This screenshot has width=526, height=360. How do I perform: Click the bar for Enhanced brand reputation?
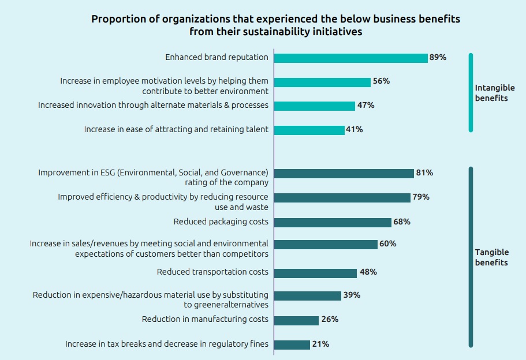350,58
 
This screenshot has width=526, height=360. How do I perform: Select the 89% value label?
438,58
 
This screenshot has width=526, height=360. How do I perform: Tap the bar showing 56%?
322,82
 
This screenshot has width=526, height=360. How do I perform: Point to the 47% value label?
365,106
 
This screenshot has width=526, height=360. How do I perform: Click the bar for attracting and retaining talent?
309,130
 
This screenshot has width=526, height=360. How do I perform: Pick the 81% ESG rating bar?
344,173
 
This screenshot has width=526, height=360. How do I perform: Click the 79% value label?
420,197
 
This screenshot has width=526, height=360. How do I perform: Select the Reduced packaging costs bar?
333,222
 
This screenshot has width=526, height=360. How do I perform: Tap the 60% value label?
387,244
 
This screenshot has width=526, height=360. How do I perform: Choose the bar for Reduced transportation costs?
315,272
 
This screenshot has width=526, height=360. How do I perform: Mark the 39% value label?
351,295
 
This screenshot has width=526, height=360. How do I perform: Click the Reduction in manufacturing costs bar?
296,320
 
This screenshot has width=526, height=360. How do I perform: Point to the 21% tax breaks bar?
292,344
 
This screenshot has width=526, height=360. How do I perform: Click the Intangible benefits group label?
494,93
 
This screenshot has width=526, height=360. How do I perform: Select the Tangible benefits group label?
492,257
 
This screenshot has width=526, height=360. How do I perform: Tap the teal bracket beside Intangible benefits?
471,92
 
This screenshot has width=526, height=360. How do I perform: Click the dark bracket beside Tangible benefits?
471,257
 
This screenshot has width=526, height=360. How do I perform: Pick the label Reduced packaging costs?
221,222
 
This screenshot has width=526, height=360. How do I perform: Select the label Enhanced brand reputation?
217,58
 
